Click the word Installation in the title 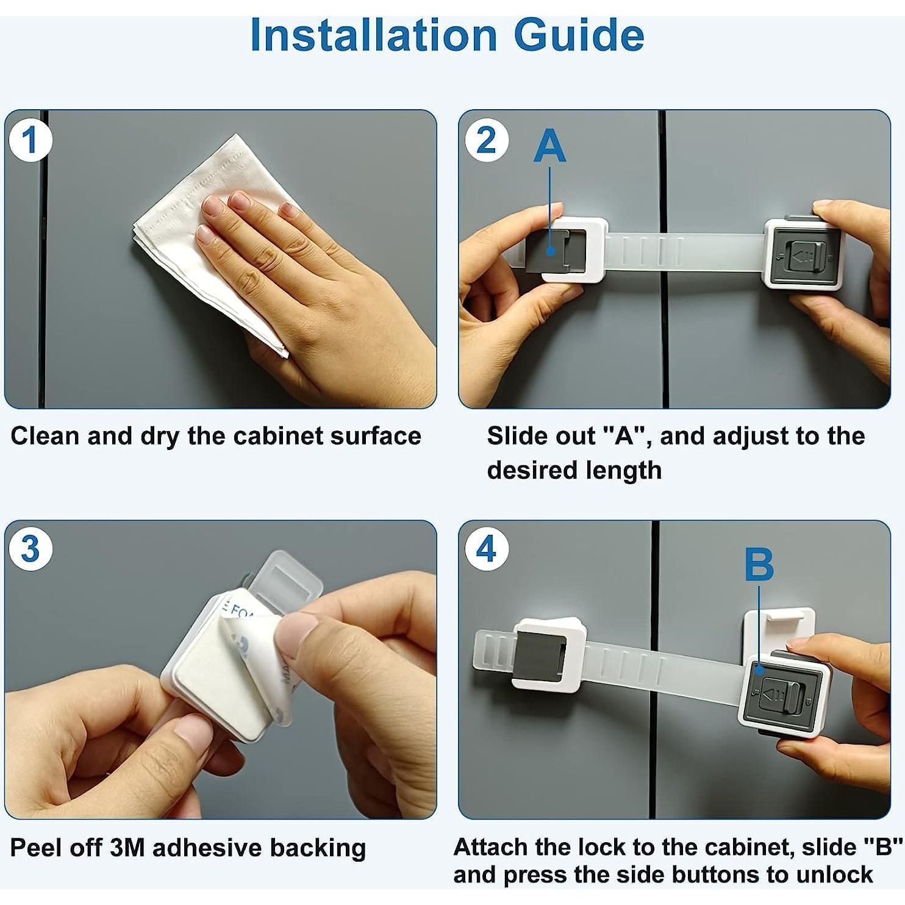[x=373, y=35]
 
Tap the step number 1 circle [x=30, y=140]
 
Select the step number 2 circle [x=486, y=140]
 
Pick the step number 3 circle [x=30, y=549]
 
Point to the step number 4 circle [x=486, y=549]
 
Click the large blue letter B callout [x=759, y=564]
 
